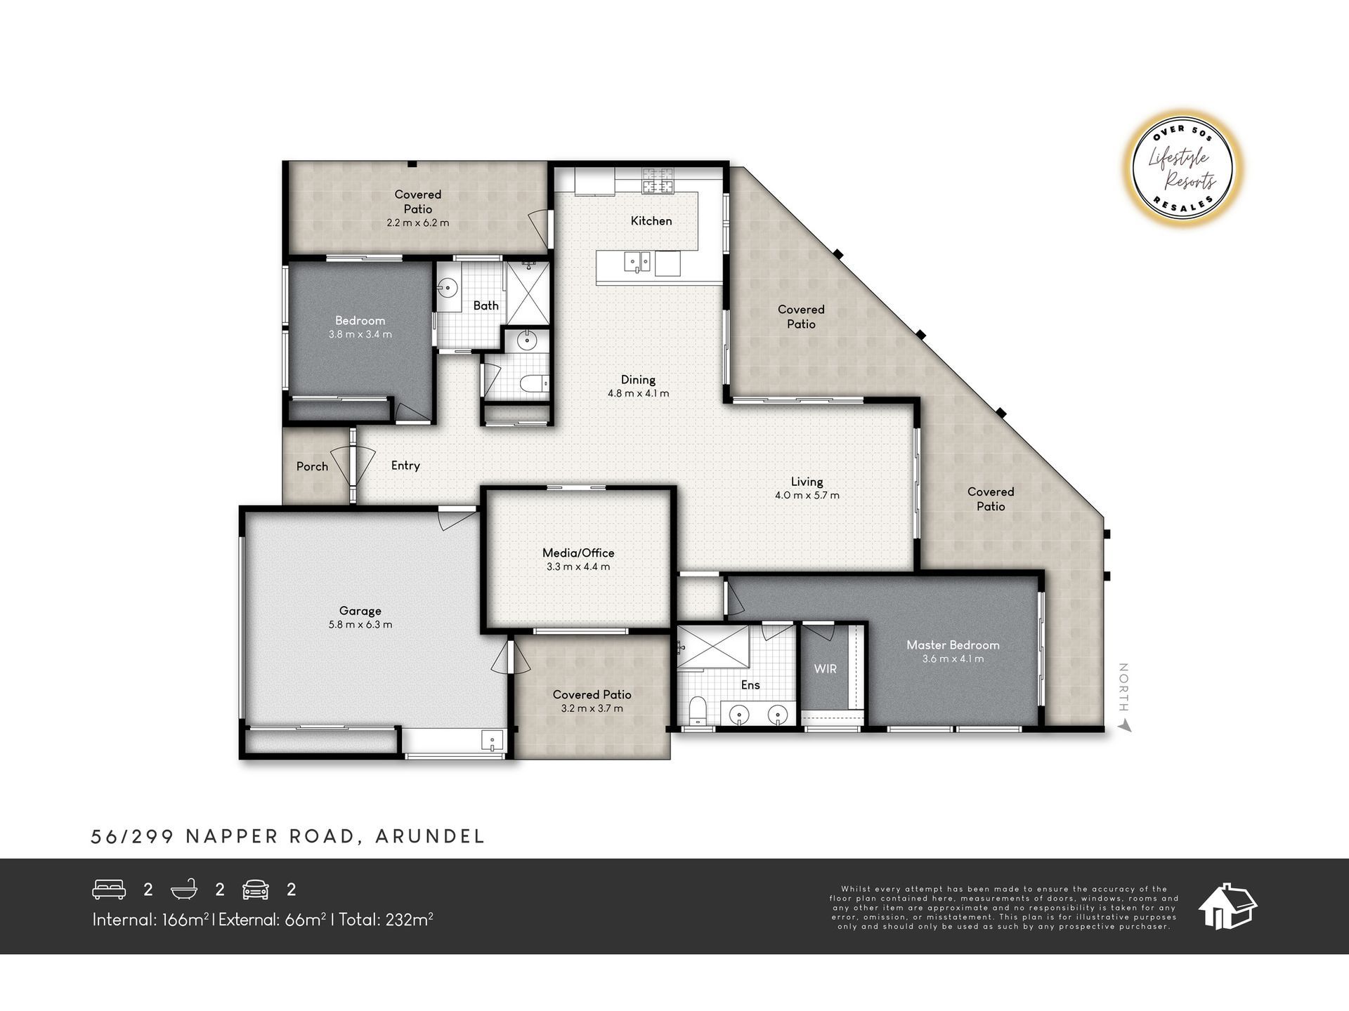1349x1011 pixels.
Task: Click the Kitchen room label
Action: tap(651, 220)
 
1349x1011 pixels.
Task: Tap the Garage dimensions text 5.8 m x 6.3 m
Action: tap(360, 624)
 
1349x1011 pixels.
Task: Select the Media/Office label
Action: tap(578, 553)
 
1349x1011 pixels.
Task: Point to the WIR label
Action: tap(826, 668)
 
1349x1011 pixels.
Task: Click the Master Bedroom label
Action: tap(953, 645)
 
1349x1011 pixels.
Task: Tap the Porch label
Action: tap(312, 466)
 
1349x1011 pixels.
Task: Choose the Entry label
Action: tap(405, 465)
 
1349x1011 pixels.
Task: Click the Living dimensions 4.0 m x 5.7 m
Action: tap(807, 495)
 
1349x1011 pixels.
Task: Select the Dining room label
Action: tap(638, 380)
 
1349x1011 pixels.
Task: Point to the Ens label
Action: tap(750, 685)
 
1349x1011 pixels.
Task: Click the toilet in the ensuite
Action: tap(698, 711)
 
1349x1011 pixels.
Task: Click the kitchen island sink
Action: tap(639, 263)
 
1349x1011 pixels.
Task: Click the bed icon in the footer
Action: tap(109, 890)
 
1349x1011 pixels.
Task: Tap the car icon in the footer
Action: tap(256, 890)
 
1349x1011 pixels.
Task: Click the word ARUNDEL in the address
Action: tap(430, 836)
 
